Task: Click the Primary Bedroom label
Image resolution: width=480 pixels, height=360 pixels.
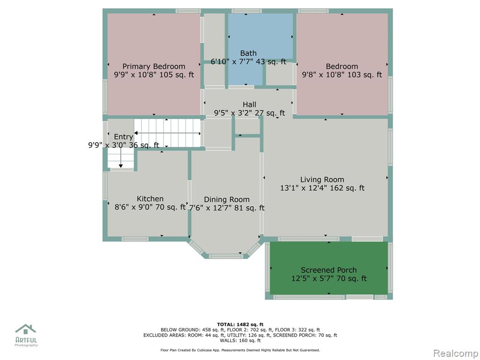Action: click(x=154, y=67)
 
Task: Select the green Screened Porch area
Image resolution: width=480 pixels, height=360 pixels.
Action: click(x=329, y=268)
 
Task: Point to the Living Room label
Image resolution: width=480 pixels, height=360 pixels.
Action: click(x=322, y=180)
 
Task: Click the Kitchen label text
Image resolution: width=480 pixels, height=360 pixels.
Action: click(x=150, y=199)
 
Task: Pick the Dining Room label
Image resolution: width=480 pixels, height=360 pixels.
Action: click(x=226, y=200)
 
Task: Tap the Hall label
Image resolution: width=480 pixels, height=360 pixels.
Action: click(x=249, y=105)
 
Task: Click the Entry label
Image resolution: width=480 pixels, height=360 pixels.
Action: click(x=123, y=137)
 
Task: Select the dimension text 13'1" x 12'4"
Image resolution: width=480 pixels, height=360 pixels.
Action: click(x=304, y=188)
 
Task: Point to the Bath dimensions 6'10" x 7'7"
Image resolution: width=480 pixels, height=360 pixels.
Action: click(x=232, y=61)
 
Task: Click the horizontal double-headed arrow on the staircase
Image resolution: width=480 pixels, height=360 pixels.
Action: click(x=167, y=133)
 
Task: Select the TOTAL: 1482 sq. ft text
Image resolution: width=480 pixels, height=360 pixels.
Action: click(x=240, y=324)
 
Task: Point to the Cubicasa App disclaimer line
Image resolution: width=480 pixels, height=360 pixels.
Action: click(x=240, y=350)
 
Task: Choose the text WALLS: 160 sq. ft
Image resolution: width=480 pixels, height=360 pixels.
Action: click(x=240, y=340)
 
